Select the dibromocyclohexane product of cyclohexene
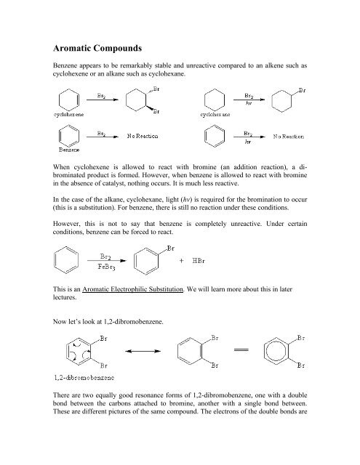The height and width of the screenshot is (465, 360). (139, 100)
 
